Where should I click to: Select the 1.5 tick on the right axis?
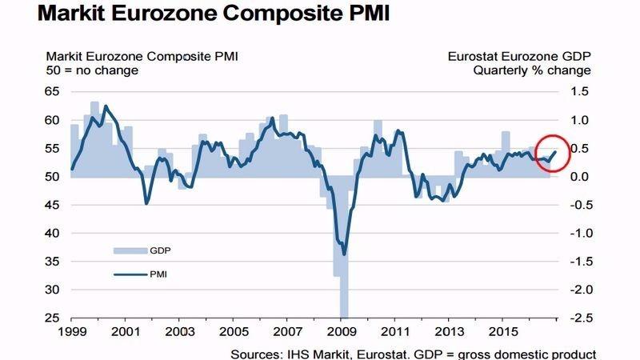click(580, 92)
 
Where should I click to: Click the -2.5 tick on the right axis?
click(578, 318)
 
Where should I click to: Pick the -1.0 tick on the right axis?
click(578, 233)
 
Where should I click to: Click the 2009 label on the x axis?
click(342, 330)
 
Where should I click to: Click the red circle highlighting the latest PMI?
click(550, 150)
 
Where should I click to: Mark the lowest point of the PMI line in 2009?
click(344, 254)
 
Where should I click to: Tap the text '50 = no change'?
click(92, 70)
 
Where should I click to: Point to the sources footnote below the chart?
click(413, 352)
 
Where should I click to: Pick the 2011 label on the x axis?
click(397, 330)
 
